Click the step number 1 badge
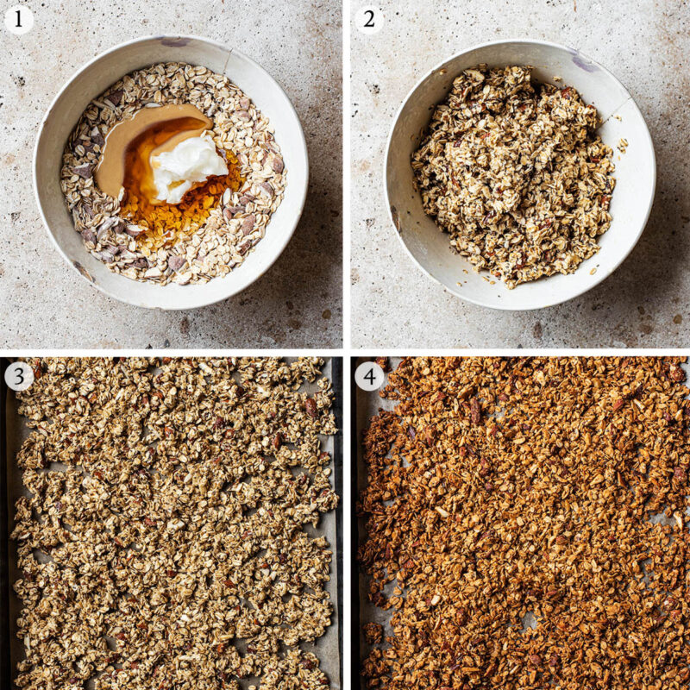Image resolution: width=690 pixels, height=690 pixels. pyautogui.click(x=19, y=19)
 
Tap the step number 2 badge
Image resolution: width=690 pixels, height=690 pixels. pyautogui.click(x=369, y=19)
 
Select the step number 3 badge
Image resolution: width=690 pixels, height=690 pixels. pyautogui.click(x=19, y=377)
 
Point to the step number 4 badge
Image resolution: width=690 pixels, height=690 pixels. pyautogui.click(x=369, y=377)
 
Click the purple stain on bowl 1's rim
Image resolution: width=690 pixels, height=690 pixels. pyautogui.click(x=175, y=41)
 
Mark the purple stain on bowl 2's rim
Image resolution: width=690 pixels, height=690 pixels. pyautogui.click(x=584, y=62)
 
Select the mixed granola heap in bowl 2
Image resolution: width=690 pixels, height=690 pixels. pyautogui.click(x=513, y=172)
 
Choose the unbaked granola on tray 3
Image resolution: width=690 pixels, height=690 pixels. pyautogui.click(x=172, y=526)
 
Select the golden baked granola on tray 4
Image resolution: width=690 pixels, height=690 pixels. pyautogui.click(x=526, y=526)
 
